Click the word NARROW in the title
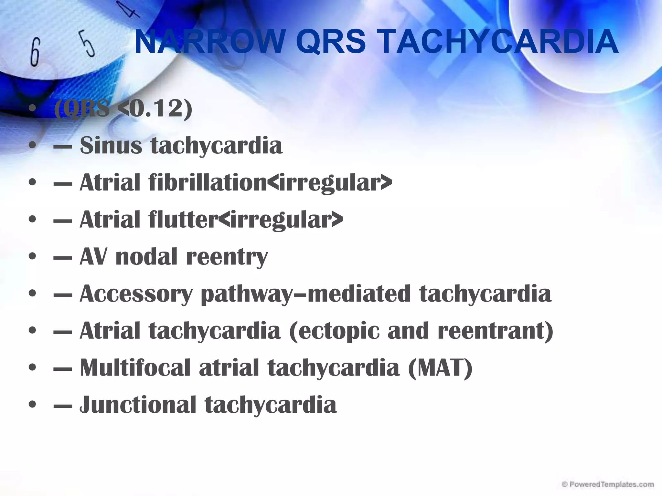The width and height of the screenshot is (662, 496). tap(208, 42)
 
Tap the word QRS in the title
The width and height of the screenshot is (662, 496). tap(330, 42)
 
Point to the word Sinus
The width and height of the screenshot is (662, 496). tap(111, 145)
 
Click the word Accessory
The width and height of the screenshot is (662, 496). tap(136, 294)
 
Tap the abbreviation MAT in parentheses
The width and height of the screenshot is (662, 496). tap(440, 367)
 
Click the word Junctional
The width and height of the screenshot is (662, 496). tap(138, 404)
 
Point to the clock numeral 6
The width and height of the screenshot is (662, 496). tap(35, 52)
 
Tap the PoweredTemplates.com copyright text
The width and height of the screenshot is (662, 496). tap(608, 484)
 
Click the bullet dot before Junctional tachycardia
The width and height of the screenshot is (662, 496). tap(32, 405)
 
